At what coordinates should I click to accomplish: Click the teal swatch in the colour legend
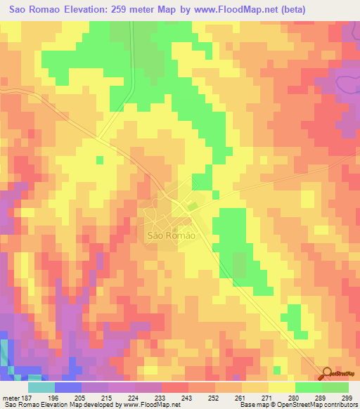click(x=41, y=387)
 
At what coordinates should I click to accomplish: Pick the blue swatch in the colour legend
click(x=68, y=387)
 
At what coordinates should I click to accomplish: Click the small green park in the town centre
click(x=191, y=206)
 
